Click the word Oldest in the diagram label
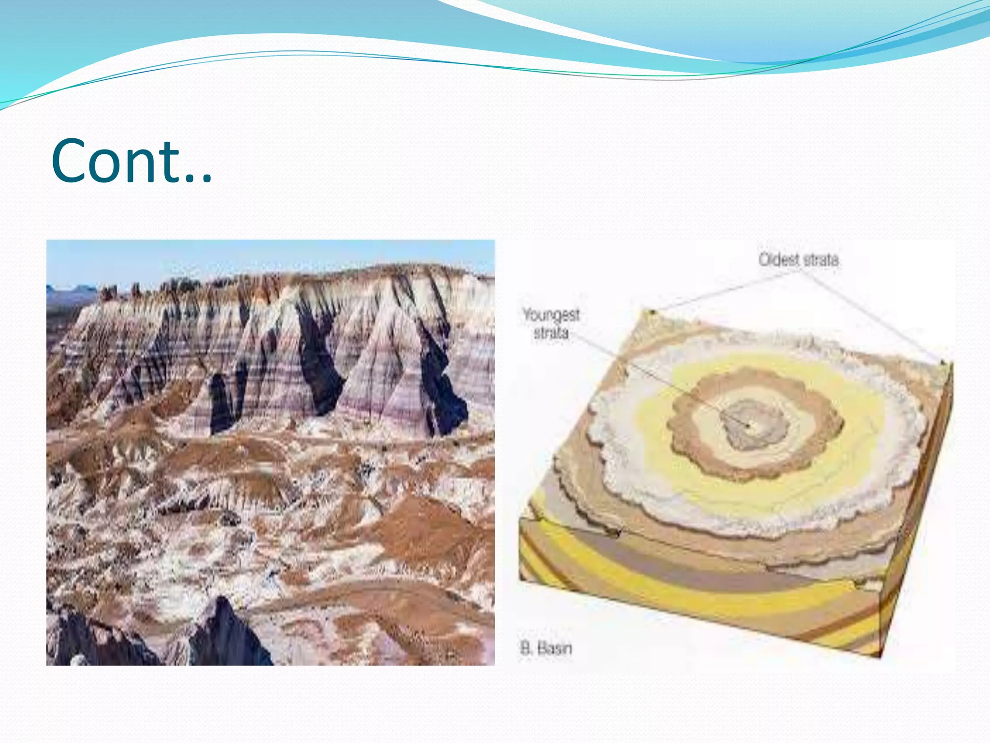[779, 260]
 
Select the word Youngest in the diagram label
[551, 315]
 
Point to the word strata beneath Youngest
[551, 333]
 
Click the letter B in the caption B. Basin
[525, 648]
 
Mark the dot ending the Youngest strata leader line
[749, 426]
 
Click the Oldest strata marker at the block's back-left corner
[652, 312]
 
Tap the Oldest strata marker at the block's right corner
[942, 362]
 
